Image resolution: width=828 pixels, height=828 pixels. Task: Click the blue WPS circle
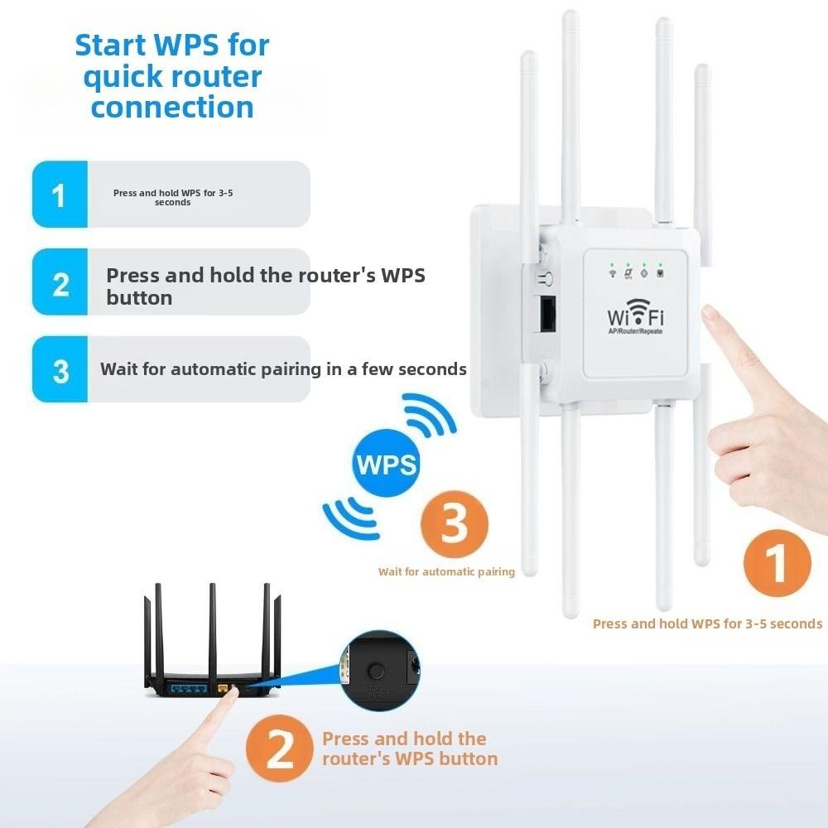(x=387, y=463)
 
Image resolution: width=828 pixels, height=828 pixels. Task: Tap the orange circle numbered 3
(x=454, y=525)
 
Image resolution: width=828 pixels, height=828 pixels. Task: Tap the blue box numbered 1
(x=60, y=195)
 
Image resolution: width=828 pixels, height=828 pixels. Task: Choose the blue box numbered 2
(x=60, y=283)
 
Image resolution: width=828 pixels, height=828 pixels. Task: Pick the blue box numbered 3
(x=60, y=370)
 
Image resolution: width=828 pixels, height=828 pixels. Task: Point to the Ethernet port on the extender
(x=547, y=315)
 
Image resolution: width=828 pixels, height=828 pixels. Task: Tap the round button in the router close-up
(x=377, y=670)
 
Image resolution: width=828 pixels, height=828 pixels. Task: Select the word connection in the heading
(x=172, y=107)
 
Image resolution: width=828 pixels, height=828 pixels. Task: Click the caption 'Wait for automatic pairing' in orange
(x=446, y=571)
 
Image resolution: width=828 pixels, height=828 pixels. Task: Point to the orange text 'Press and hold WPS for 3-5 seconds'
(x=707, y=623)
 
